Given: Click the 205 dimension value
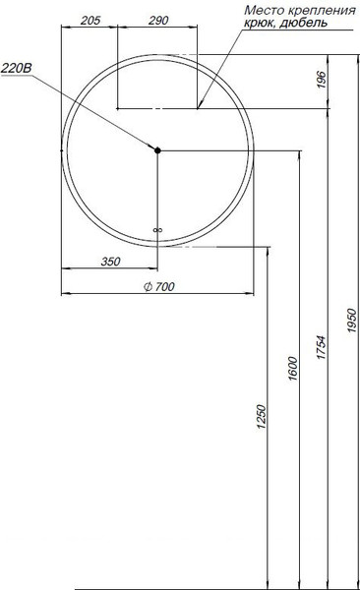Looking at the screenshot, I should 90,21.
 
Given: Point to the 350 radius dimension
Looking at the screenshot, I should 108,261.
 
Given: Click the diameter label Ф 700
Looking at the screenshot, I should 159,286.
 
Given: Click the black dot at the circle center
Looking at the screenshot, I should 157,149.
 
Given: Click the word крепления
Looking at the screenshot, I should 321,10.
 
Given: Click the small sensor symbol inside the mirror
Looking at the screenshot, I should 157,231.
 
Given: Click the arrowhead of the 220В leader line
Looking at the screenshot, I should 154,147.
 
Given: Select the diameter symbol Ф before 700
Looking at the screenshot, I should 147,286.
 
